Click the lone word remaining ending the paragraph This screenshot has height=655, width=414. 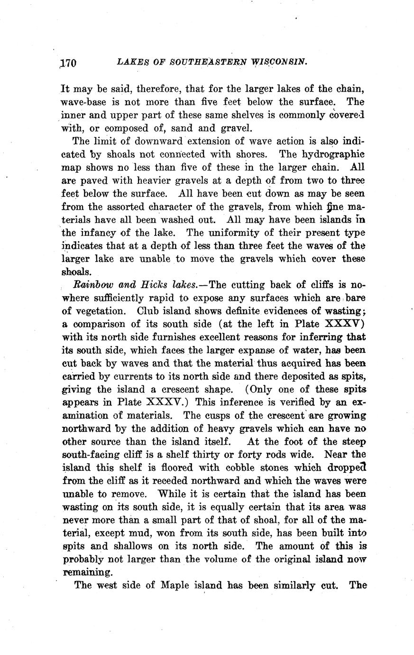pos(88,572)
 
